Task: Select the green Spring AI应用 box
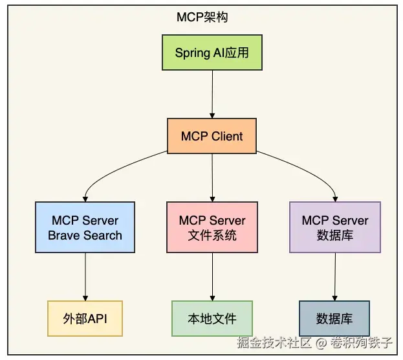[212, 52]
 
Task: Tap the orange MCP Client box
[212, 136]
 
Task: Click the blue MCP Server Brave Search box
[85, 227]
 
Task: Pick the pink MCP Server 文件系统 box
[212, 227]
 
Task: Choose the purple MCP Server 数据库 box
[335, 227]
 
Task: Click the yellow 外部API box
[85, 319]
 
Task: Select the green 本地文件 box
[212, 319]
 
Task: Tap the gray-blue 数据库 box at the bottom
[334, 319]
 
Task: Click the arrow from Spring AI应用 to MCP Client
[212, 94]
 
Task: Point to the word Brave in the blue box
[63, 235]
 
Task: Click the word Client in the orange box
[227, 136]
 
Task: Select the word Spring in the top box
[192, 52]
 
